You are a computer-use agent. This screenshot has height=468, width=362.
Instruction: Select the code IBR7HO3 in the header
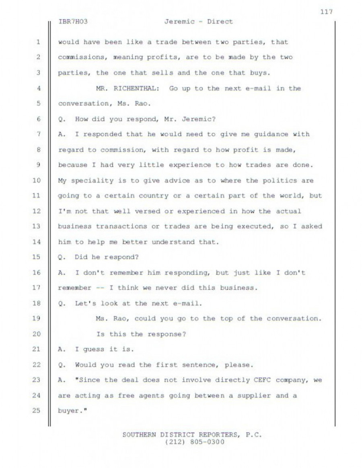click(73, 22)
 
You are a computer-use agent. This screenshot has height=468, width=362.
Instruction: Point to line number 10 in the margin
click(36, 180)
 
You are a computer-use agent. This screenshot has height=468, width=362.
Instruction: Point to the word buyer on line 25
click(67, 411)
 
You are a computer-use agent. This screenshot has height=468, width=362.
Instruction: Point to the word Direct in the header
click(220, 22)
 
